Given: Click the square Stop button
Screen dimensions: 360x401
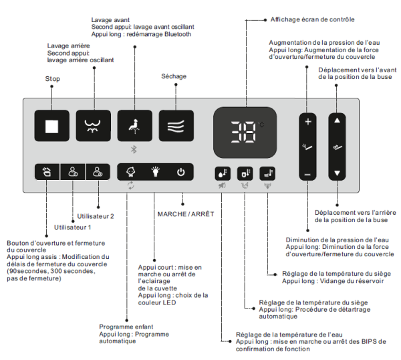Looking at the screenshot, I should tap(51, 126).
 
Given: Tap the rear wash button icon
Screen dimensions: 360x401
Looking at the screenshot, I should tap(92, 126).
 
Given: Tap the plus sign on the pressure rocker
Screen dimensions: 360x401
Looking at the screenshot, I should tap(307, 122).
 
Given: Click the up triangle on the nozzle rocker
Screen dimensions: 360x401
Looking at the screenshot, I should tap(338, 122).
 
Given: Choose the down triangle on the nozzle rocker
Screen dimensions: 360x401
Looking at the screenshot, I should tap(338, 173).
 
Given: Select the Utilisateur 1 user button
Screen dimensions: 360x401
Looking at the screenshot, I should tap(72, 171).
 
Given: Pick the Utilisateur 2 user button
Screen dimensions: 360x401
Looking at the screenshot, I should tap(98, 171).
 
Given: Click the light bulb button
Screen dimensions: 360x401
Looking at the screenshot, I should tap(155, 171).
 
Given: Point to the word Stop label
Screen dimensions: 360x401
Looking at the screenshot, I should tap(53, 79).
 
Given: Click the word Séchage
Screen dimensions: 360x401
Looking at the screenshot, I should tap(176, 77).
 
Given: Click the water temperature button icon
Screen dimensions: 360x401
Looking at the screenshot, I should tap(222, 173).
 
